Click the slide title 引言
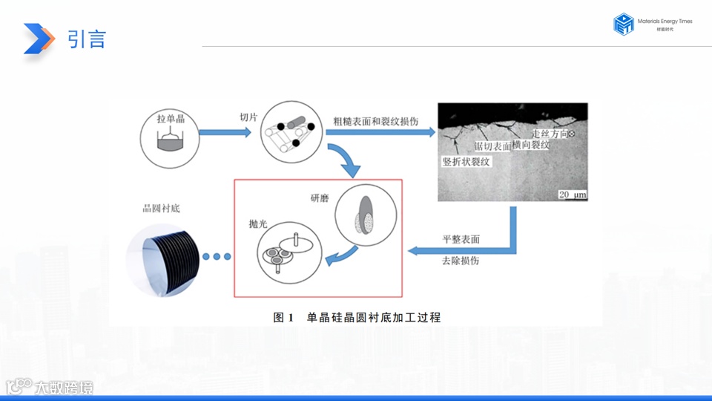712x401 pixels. (x=87, y=39)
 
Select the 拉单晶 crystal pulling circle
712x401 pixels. (x=170, y=134)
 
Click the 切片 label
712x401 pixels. (x=248, y=117)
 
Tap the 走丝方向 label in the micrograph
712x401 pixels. (x=550, y=133)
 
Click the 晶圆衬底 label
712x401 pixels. (x=162, y=209)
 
